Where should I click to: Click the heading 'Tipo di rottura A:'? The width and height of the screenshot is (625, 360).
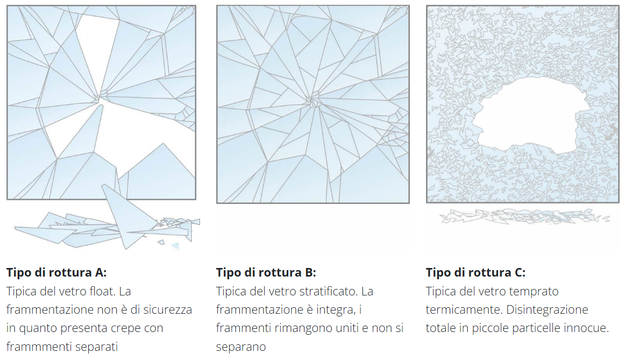(x=56, y=272)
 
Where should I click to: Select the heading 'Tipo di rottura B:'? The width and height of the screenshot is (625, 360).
(x=266, y=272)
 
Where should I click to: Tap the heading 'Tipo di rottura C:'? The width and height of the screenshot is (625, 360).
(x=475, y=272)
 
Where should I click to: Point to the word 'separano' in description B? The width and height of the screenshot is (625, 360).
(x=241, y=347)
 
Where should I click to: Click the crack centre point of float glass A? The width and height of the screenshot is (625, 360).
(x=100, y=97)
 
